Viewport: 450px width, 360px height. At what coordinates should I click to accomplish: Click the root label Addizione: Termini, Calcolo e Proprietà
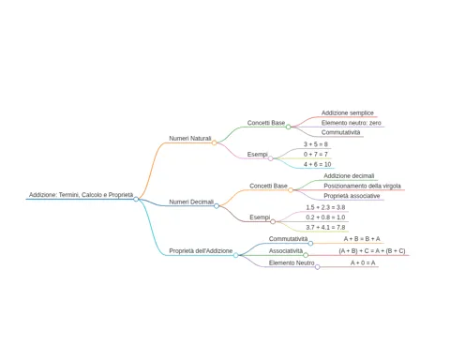click(x=82, y=195)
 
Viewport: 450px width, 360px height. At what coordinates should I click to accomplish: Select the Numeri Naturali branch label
click(x=190, y=138)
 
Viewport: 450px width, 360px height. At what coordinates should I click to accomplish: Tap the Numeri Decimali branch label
click(x=191, y=202)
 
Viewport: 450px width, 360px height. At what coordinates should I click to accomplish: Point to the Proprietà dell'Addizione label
click(x=201, y=250)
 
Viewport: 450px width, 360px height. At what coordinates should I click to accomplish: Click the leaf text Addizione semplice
click(x=348, y=112)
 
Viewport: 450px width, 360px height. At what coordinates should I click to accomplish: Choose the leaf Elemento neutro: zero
click(x=352, y=123)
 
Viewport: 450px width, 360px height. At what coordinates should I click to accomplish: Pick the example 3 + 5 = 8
click(x=316, y=144)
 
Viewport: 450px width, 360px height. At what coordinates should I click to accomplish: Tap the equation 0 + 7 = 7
click(x=316, y=154)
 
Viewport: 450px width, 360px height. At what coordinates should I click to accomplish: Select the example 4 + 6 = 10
click(x=317, y=164)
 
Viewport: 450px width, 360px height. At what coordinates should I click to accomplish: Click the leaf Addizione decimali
click(x=349, y=176)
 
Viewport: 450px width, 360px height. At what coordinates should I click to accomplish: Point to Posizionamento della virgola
click(x=362, y=186)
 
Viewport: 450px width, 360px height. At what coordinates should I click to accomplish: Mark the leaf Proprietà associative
click(x=352, y=196)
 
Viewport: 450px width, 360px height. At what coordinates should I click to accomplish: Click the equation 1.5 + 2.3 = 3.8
click(x=325, y=207)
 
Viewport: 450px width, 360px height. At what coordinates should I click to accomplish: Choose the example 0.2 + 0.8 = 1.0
click(x=325, y=217)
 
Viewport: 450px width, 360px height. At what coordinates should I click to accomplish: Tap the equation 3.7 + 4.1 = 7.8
click(x=325, y=227)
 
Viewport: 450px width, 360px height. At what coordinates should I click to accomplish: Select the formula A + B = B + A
click(x=362, y=239)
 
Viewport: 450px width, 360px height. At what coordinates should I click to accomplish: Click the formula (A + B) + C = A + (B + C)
click(x=372, y=250)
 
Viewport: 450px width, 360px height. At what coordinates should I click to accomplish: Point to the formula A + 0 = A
click(x=363, y=262)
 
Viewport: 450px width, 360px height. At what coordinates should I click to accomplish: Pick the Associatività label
click(x=286, y=250)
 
